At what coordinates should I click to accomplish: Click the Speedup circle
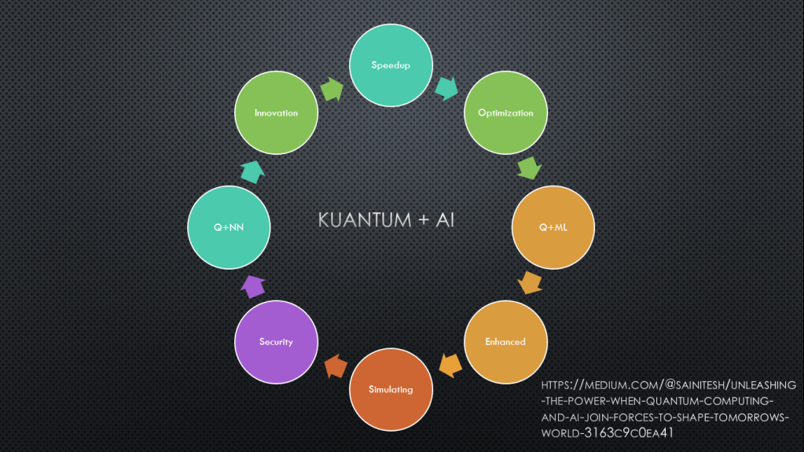pyautogui.click(x=391, y=65)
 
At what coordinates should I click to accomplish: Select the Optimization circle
pyautogui.click(x=505, y=112)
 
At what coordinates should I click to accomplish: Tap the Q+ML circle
pyautogui.click(x=553, y=227)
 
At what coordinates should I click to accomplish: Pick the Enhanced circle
pyautogui.click(x=505, y=342)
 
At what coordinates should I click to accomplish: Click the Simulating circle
pyautogui.click(x=391, y=389)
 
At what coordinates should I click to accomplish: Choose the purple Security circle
pyautogui.click(x=276, y=342)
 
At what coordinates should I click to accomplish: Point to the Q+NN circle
pyautogui.click(x=229, y=227)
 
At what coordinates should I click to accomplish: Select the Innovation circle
pyautogui.click(x=276, y=112)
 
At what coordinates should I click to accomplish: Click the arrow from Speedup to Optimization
pyautogui.click(x=447, y=88)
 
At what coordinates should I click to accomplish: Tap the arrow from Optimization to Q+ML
pyautogui.click(x=530, y=168)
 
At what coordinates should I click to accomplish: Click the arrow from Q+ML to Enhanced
pyautogui.click(x=530, y=283)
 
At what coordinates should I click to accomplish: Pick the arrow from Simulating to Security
pyautogui.click(x=335, y=366)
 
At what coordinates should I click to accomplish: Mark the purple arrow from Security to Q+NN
pyautogui.click(x=252, y=285)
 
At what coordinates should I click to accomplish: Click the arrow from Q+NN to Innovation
pyautogui.click(x=252, y=171)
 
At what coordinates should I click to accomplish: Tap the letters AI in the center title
pyautogui.click(x=444, y=219)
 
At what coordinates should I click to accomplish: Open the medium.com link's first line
pyautogui.click(x=668, y=384)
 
